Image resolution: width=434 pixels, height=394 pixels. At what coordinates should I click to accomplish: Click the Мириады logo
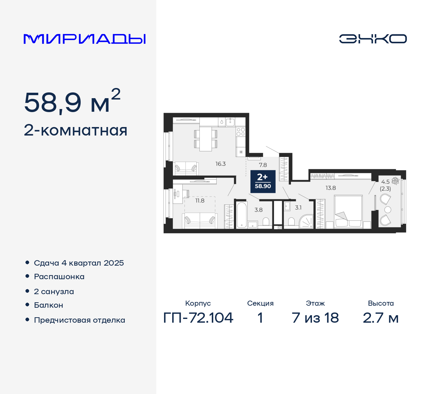[x=84, y=39]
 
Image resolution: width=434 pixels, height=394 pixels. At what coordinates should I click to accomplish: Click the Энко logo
[x=373, y=39]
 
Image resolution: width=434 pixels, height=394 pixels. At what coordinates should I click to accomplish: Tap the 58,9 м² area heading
[x=72, y=102]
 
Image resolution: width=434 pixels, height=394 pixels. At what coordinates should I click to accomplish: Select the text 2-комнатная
[x=76, y=130]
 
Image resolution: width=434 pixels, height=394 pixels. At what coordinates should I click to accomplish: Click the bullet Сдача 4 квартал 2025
[x=79, y=263]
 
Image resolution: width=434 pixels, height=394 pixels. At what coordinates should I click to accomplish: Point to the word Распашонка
[x=59, y=277]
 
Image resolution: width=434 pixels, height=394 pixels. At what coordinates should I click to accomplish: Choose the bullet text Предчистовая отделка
[x=79, y=320]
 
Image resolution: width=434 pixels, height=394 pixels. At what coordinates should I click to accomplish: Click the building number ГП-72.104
[x=198, y=318]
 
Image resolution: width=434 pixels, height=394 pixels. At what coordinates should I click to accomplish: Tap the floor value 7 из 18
[x=315, y=318]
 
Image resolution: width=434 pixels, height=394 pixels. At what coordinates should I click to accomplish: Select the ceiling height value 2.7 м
[x=380, y=318]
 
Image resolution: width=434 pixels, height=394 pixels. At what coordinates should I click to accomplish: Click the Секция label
[x=260, y=303]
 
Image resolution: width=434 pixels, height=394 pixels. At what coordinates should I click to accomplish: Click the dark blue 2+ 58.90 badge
[x=263, y=181]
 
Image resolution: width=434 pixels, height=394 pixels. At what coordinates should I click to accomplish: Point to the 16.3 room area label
[x=220, y=164]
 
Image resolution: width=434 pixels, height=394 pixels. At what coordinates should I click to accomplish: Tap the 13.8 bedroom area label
[x=331, y=188]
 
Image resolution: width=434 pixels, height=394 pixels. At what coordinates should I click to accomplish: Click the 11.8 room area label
[x=200, y=201]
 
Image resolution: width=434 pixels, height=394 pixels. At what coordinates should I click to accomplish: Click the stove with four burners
[x=241, y=132]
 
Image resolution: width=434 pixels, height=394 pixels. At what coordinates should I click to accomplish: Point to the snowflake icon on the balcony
[x=395, y=180]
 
